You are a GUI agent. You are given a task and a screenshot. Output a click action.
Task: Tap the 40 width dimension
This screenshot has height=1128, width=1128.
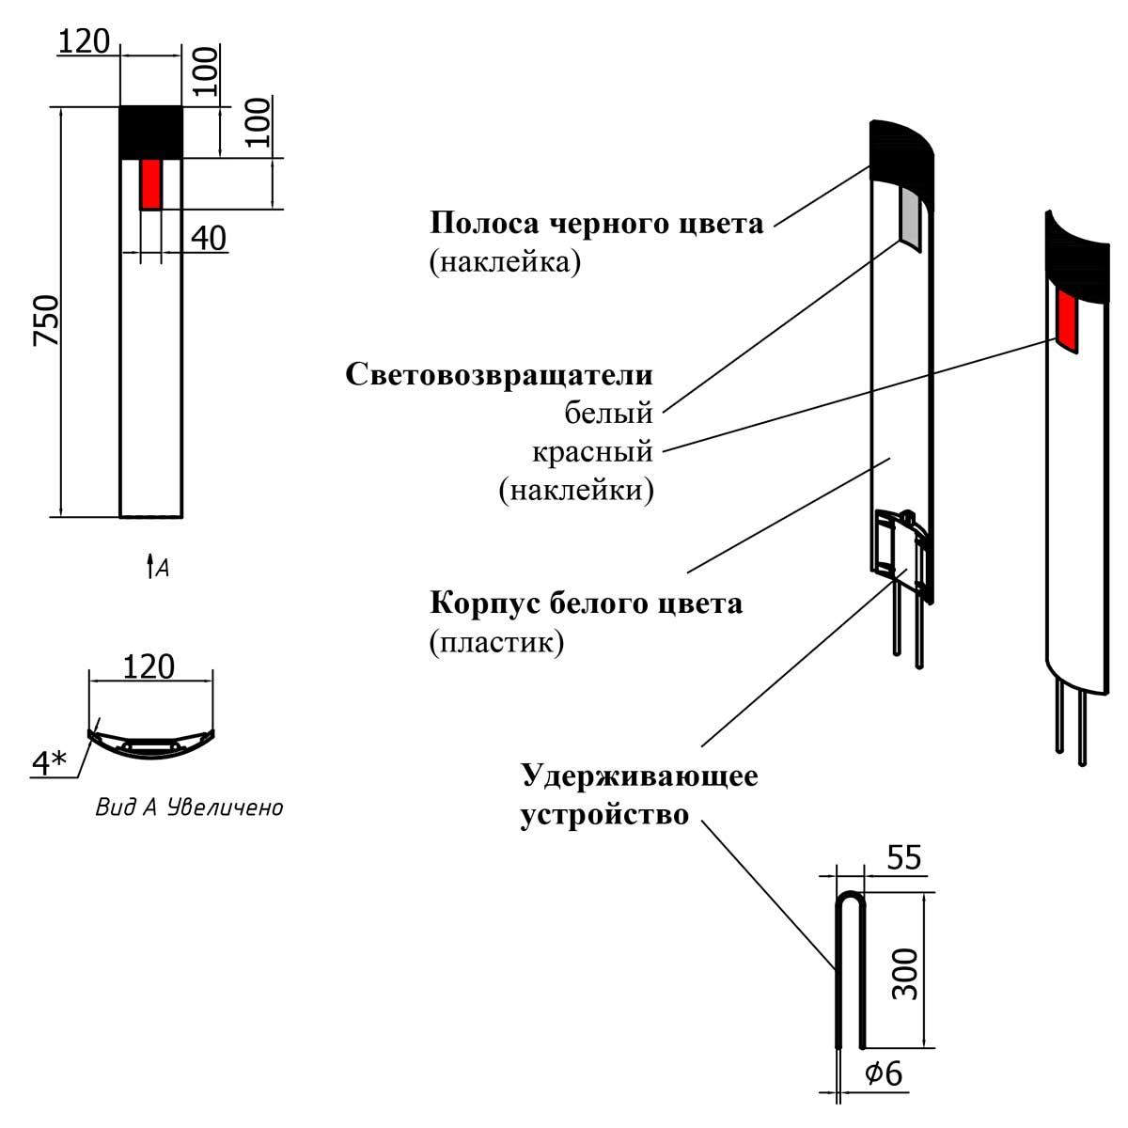(x=208, y=239)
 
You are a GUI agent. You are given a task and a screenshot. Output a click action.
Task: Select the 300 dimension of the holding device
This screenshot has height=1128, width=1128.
(x=903, y=973)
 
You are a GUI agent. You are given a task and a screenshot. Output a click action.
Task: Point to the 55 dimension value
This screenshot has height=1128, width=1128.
(x=902, y=858)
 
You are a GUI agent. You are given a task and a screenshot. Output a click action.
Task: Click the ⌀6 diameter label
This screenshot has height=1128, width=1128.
(x=883, y=1073)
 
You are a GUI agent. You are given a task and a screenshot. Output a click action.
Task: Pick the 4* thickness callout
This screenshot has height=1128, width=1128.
(x=48, y=763)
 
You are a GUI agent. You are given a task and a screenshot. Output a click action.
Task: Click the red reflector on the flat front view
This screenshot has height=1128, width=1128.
(x=150, y=184)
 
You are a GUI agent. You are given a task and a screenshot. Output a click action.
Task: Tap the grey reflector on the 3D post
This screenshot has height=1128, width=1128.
(x=909, y=214)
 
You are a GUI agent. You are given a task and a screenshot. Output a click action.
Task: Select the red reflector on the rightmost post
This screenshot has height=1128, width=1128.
(x=1068, y=318)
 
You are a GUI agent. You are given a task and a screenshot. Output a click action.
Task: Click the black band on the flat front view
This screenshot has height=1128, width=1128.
(x=150, y=132)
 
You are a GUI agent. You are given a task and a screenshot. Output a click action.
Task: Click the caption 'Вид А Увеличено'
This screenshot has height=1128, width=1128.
(x=189, y=807)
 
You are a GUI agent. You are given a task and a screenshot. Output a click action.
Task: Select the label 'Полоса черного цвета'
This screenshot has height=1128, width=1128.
(x=596, y=224)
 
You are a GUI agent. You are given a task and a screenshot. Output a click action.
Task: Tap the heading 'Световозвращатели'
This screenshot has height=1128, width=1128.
(x=498, y=374)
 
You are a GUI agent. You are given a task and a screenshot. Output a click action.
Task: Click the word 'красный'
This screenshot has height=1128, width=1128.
(x=592, y=451)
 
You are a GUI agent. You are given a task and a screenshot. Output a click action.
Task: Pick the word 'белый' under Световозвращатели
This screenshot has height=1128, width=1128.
(x=608, y=412)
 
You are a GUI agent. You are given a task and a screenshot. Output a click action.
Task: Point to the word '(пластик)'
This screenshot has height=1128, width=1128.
(x=496, y=642)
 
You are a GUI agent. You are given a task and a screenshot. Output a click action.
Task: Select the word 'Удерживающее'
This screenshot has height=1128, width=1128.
(x=639, y=776)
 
